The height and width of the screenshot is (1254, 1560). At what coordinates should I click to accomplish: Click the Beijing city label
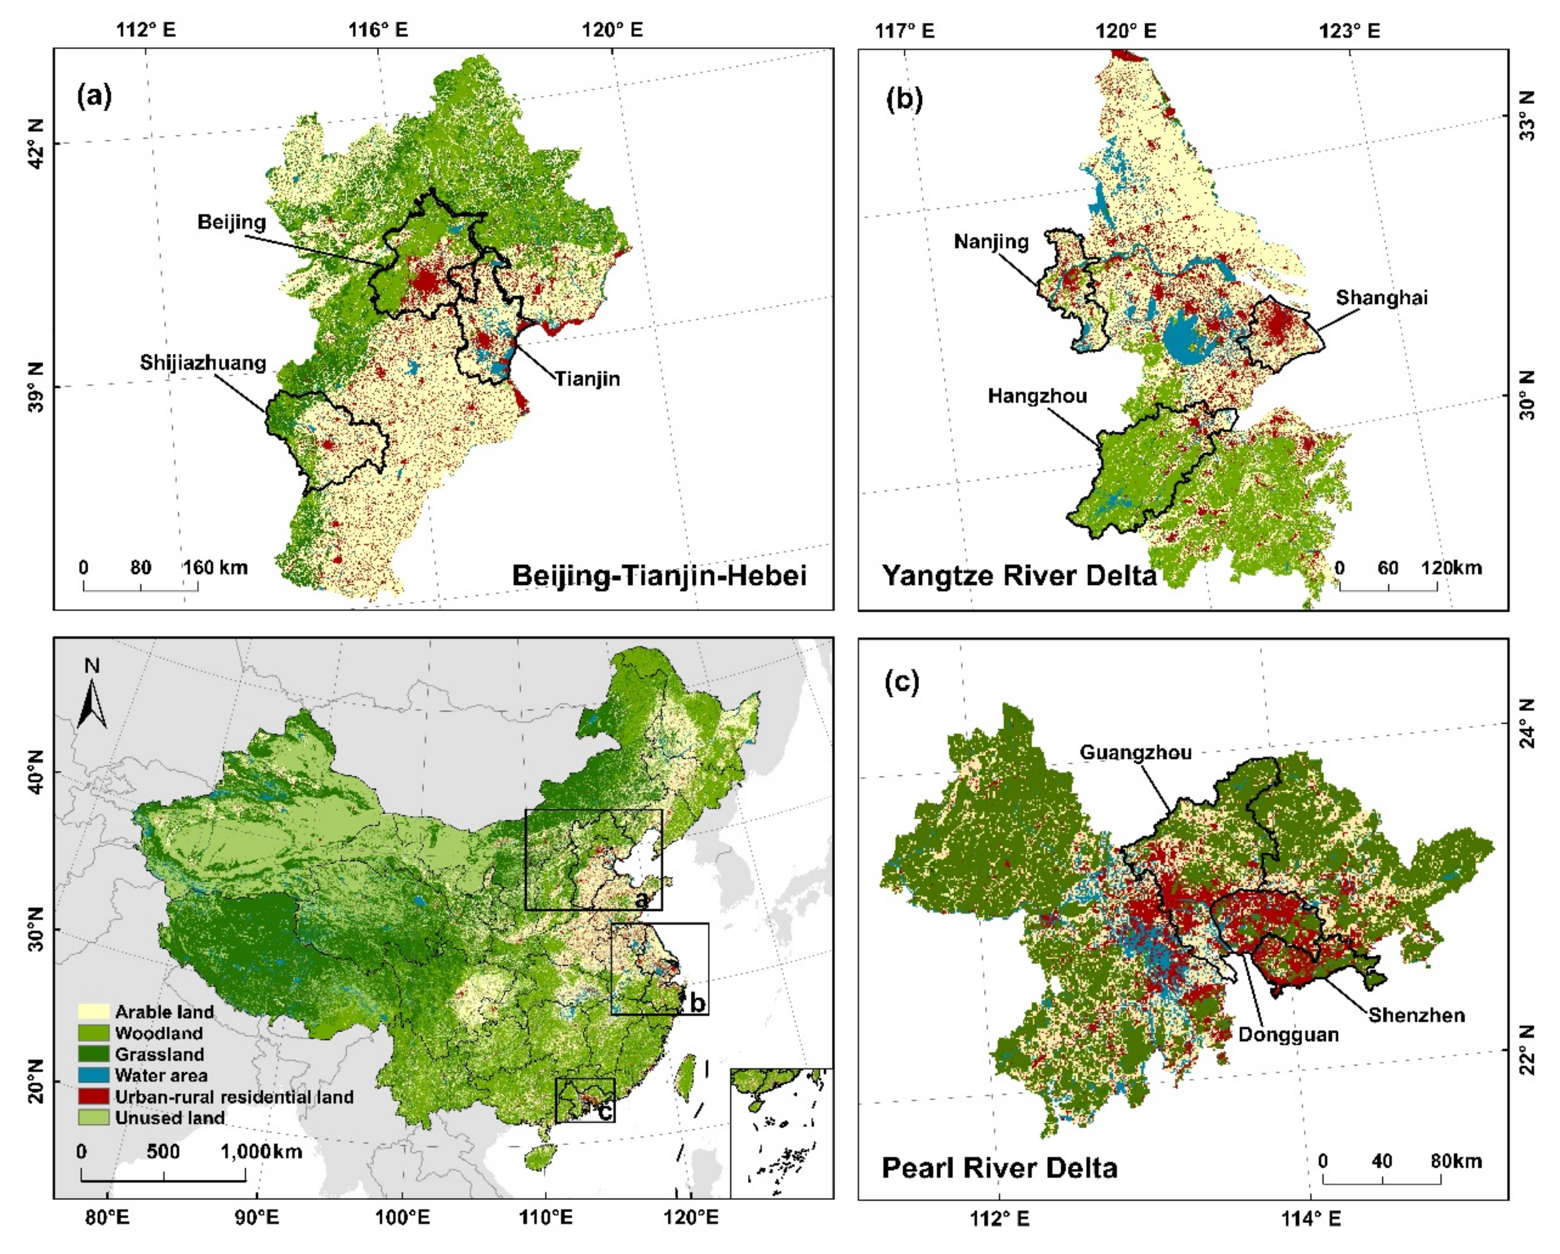point(231,221)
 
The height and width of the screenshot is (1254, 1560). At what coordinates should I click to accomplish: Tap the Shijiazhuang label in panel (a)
point(203,362)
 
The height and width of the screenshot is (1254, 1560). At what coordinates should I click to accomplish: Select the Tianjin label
point(587,378)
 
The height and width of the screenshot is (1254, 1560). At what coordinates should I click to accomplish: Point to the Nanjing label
point(991,241)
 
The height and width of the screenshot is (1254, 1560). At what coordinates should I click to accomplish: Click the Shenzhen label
point(1416,1014)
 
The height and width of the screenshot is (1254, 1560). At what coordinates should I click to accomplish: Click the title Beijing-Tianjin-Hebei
point(659,576)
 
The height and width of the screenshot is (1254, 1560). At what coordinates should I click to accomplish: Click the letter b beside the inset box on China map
point(697,1002)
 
